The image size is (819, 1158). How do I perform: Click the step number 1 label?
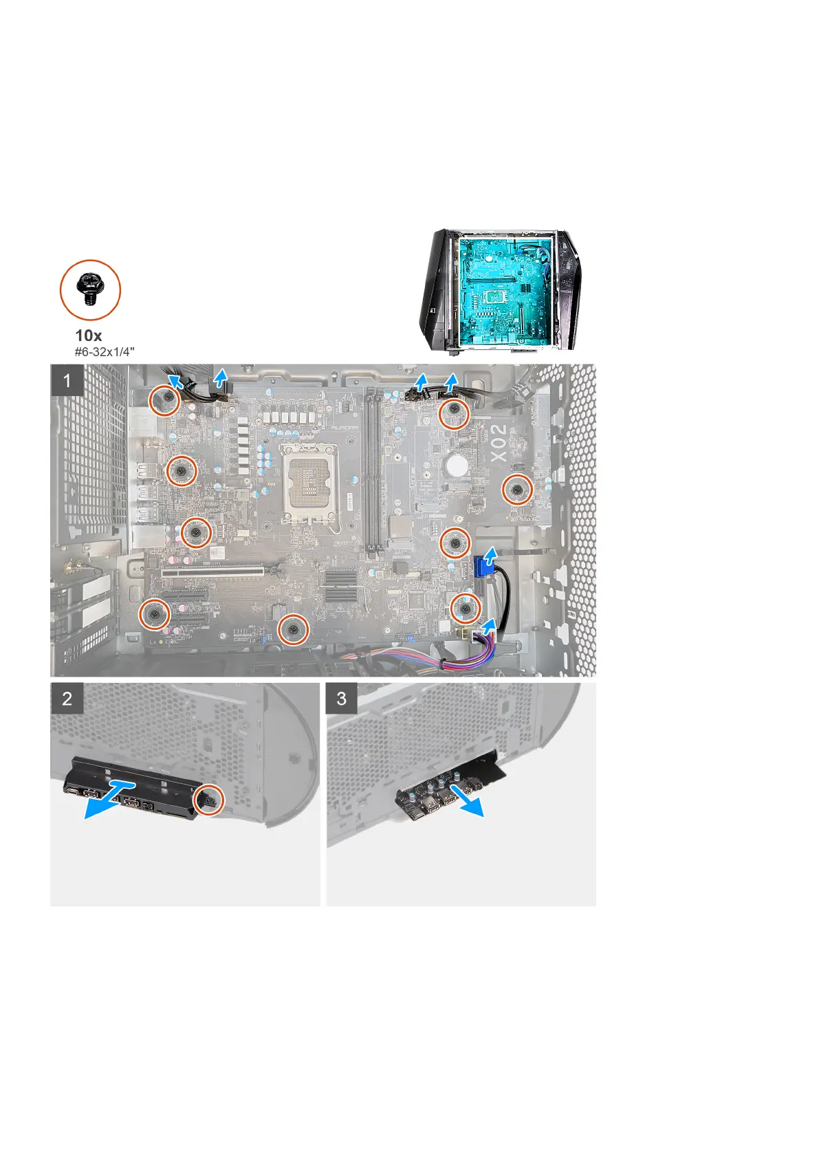(67, 380)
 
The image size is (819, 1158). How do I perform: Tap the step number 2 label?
(67, 699)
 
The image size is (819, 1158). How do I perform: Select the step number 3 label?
(342, 699)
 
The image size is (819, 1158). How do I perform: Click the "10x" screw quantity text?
(89, 336)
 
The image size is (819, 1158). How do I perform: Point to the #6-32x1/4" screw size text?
(104, 351)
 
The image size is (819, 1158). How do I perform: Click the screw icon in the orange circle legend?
(90, 289)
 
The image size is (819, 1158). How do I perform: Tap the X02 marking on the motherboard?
(499, 442)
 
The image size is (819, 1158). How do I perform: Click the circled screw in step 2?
(208, 800)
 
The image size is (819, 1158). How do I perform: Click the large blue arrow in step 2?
(110, 800)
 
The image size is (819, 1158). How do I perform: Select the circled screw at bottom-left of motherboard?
(155, 613)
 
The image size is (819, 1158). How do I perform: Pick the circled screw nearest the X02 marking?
(517, 490)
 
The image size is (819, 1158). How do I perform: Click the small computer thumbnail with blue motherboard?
(499, 289)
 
